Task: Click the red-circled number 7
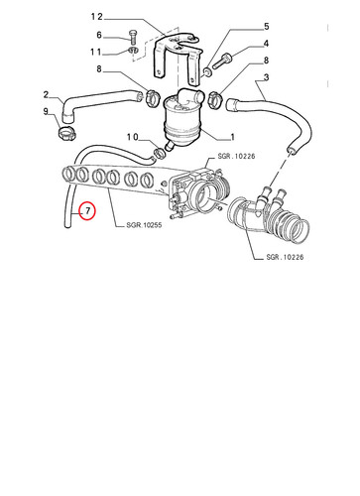87,210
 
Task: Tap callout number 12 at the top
97,17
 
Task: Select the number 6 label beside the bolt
99,35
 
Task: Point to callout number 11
96,52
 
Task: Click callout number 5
266,27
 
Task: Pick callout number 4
266,44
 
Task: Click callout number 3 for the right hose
266,77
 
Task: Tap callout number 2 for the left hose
46,94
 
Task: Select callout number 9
46,111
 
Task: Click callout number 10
133,137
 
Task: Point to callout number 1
232,137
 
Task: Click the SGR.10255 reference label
144,225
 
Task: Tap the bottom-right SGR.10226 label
285,257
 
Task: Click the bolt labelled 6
132,38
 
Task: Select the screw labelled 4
222,62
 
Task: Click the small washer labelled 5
207,71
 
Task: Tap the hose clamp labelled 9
67,133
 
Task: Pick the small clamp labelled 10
160,153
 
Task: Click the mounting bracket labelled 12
177,58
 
